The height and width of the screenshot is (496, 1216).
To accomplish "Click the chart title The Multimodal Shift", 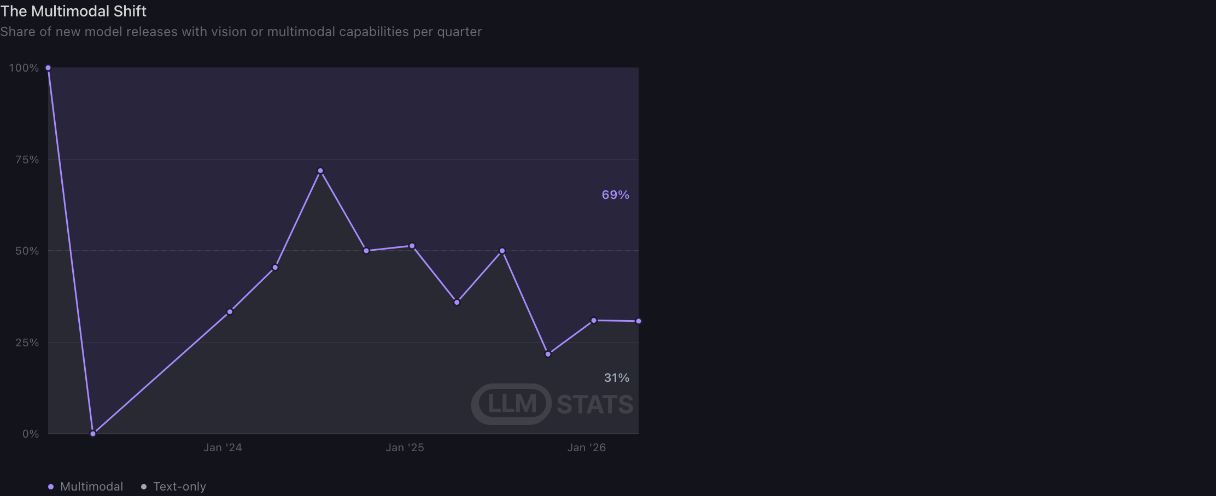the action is point(73,11).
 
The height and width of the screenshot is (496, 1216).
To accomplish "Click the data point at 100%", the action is point(48,68).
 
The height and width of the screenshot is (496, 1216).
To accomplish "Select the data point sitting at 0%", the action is point(93,434).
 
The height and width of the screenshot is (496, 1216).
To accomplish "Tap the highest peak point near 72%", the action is point(320,171).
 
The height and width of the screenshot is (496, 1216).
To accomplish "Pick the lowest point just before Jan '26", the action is point(548,355).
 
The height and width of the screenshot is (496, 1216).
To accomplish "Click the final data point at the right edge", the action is point(639,321).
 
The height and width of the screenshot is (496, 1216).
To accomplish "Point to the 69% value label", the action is point(616,195).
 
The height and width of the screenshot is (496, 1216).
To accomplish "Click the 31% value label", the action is point(617,378).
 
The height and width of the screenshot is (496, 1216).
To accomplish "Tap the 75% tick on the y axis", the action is point(27,160).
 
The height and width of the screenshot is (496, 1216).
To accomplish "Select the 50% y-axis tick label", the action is point(27,251).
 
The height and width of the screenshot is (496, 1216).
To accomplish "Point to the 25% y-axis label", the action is point(27,343).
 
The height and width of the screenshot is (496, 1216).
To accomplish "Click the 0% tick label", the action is point(31,434).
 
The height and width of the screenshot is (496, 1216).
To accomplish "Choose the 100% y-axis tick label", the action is point(24,68).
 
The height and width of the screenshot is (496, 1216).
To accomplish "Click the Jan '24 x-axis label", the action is point(223,448).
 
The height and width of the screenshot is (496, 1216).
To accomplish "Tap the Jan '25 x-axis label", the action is point(405,448).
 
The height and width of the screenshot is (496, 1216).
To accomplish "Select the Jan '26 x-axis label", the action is point(587,448).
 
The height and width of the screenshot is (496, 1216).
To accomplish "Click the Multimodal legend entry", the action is point(86,487).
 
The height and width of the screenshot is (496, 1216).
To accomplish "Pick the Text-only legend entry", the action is point(174,487).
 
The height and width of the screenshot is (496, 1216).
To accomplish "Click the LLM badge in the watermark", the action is point(512,404).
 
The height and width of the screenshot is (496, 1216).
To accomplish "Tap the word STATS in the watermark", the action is point(595,405).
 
